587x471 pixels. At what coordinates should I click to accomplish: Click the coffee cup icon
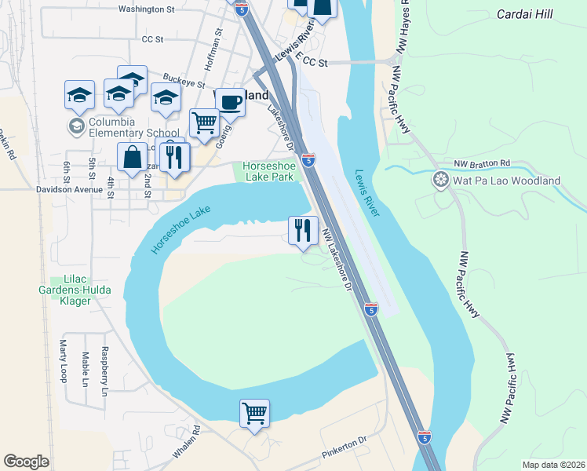point(229,102)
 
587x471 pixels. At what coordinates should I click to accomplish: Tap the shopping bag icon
point(132,156)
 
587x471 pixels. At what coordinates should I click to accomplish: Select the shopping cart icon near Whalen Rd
point(254,413)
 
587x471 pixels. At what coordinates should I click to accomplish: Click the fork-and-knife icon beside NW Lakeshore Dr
point(303,229)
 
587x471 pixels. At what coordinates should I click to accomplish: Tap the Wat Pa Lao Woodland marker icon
point(442,181)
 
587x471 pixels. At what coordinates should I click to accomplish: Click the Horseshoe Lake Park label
point(268,171)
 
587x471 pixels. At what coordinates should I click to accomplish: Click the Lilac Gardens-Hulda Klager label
point(80,285)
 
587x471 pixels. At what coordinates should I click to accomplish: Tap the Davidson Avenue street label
point(69,189)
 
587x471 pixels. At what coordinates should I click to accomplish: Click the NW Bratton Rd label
point(482,163)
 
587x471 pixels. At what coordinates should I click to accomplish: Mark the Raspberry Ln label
point(104,371)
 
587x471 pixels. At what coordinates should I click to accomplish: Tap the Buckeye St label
point(184,81)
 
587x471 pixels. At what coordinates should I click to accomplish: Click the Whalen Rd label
point(188,443)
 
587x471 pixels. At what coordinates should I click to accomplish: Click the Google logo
point(27,462)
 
